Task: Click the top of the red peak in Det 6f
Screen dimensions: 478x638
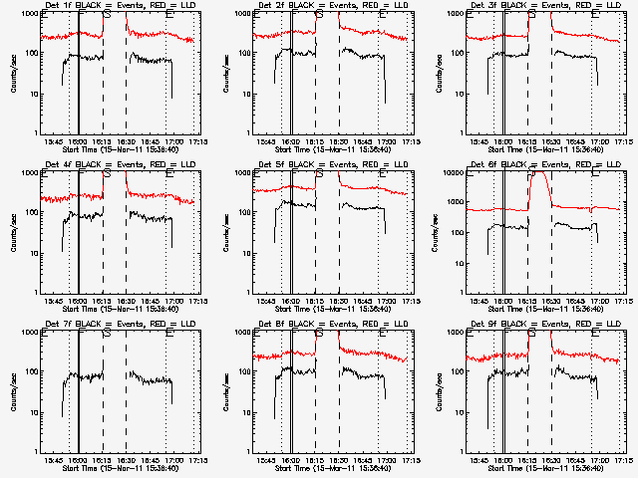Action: [540, 173]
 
